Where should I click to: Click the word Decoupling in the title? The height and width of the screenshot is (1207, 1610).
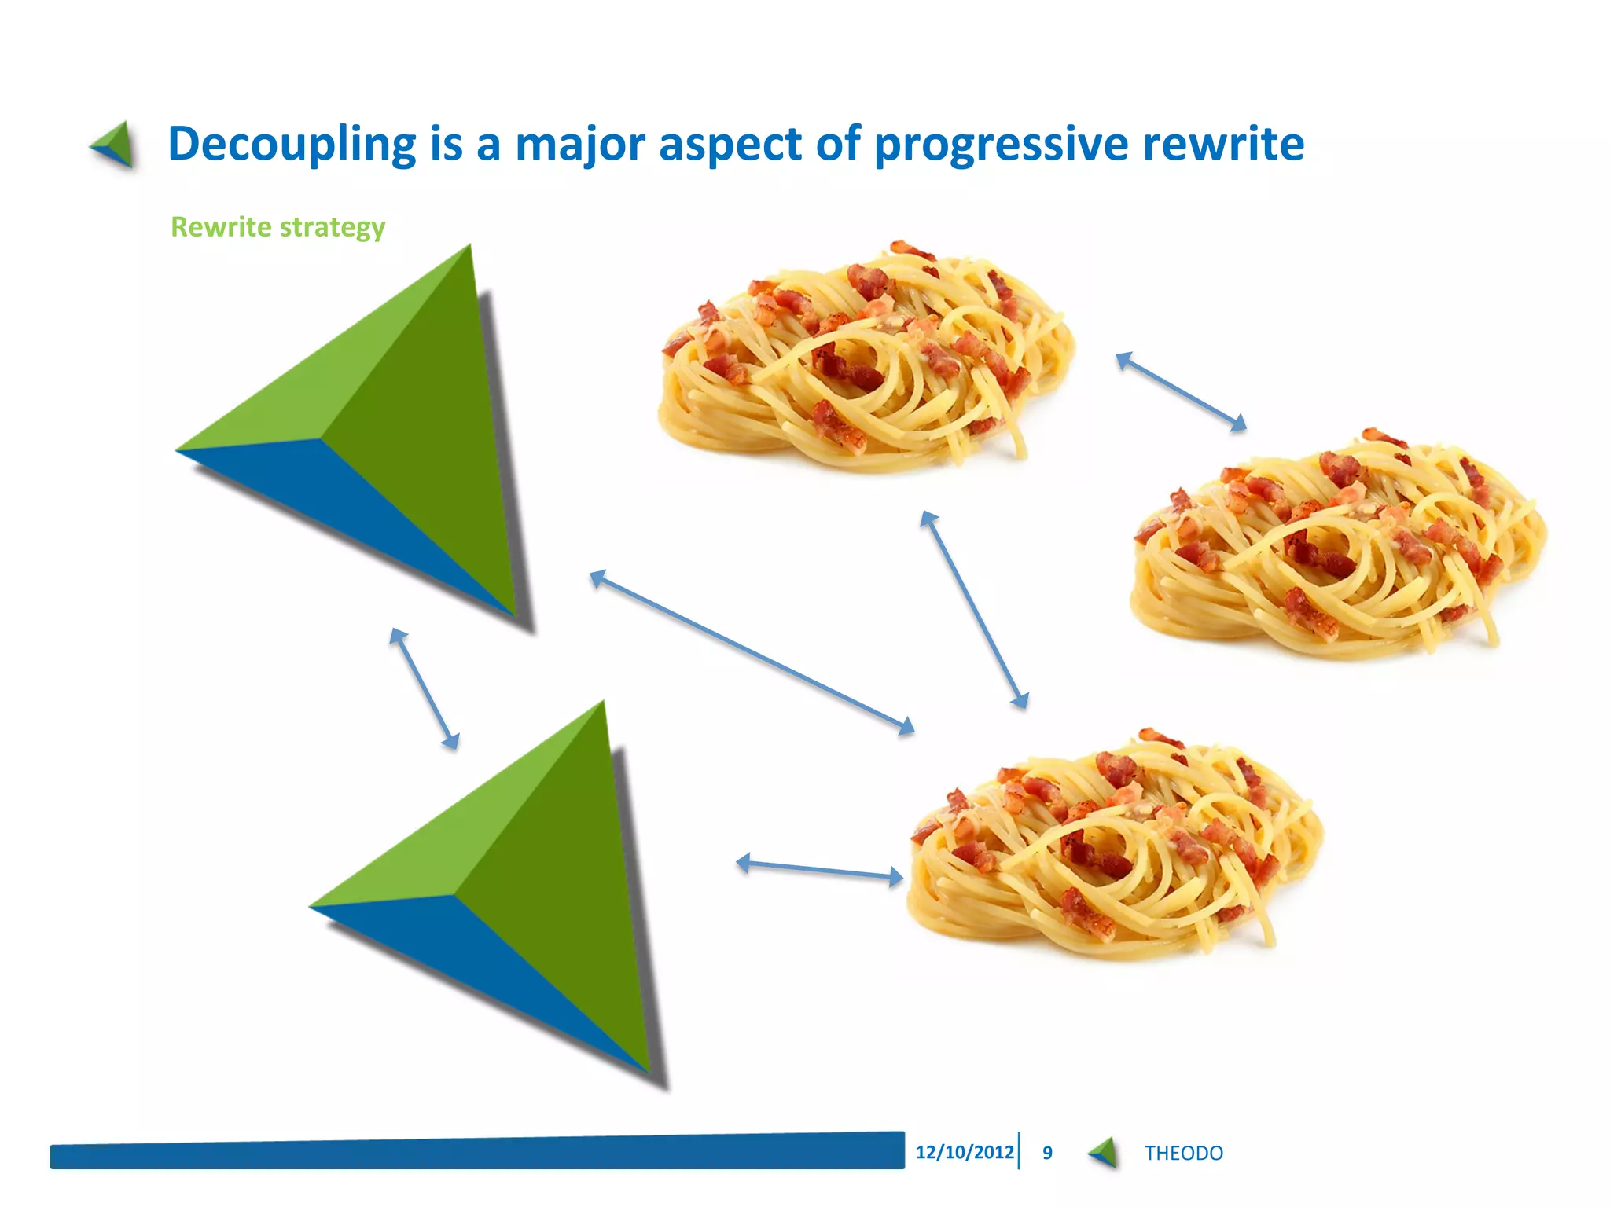pos(291,144)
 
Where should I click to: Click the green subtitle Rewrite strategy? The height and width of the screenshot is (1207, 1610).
pos(278,227)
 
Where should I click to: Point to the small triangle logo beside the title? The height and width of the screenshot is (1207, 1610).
pos(115,145)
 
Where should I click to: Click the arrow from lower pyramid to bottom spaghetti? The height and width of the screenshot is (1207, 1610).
pos(819,869)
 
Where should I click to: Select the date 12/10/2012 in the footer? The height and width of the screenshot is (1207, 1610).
pos(965,1152)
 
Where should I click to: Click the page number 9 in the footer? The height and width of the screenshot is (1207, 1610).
pos(1047,1153)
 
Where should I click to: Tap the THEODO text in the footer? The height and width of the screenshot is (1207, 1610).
pos(1183,1154)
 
